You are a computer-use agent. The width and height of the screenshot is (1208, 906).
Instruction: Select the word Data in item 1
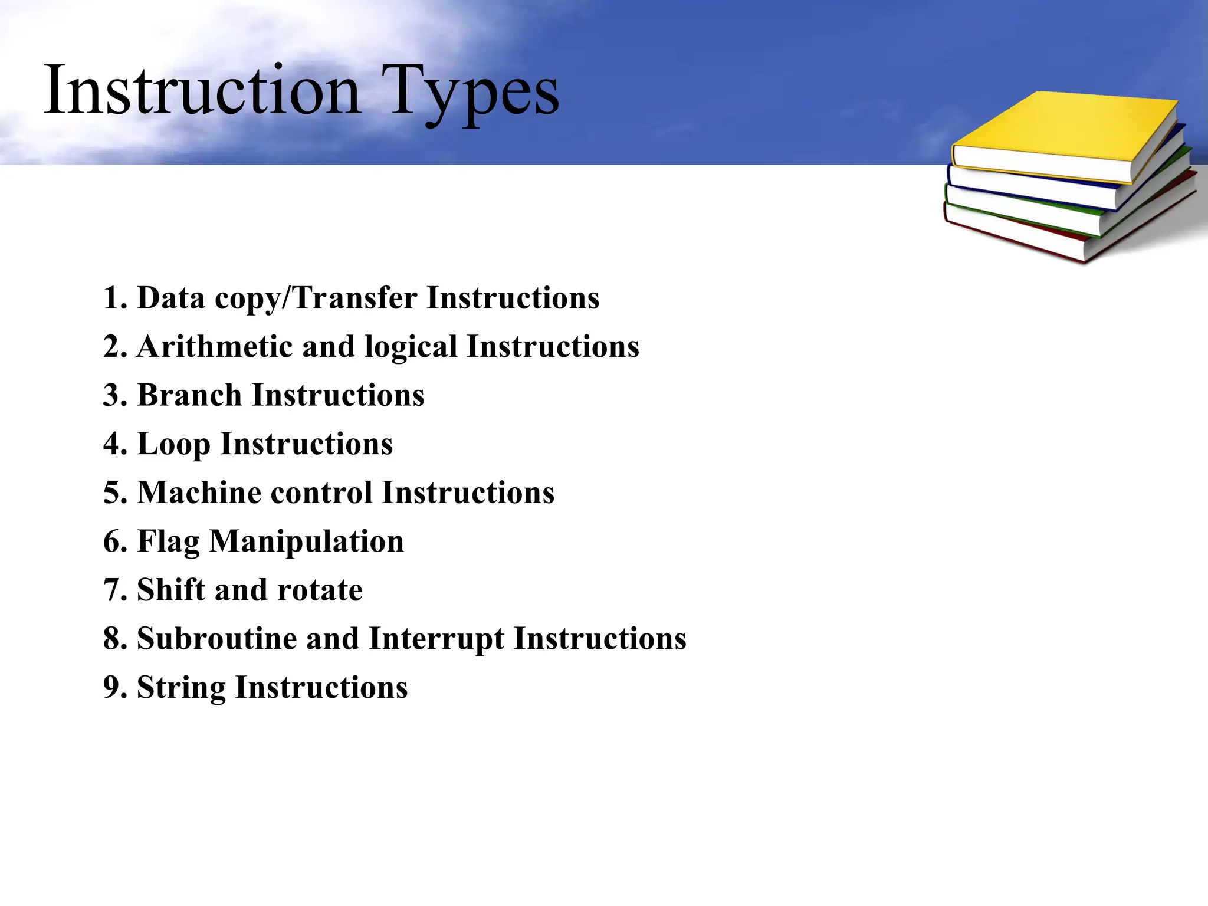(x=171, y=298)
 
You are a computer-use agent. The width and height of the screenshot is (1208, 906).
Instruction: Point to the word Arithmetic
(x=215, y=346)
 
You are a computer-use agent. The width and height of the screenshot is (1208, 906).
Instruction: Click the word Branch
(x=189, y=395)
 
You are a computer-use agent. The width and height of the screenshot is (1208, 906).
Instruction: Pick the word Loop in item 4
(x=173, y=444)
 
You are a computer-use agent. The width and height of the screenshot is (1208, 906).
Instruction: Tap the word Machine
(x=199, y=493)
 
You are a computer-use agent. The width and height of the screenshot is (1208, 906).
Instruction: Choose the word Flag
(x=168, y=541)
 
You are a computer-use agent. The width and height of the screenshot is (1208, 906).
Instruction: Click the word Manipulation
(x=307, y=541)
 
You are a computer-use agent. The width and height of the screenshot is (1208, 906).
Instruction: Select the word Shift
(x=170, y=590)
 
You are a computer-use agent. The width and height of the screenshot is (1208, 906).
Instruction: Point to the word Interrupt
(x=436, y=639)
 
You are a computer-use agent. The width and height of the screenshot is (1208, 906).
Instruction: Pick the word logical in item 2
(x=411, y=347)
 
